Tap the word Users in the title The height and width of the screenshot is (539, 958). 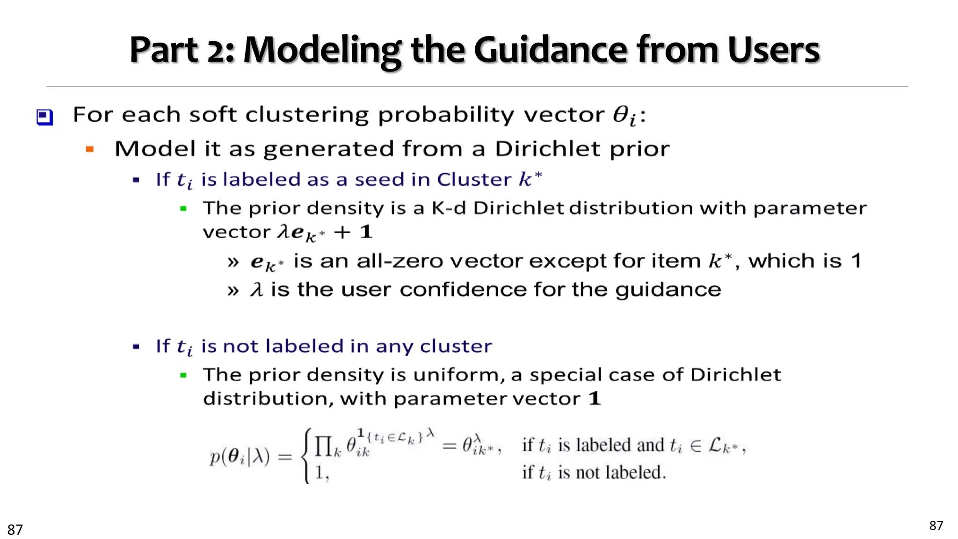pos(773,51)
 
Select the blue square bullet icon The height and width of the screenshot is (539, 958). pos(45,117)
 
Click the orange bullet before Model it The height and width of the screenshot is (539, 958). pos(90,150)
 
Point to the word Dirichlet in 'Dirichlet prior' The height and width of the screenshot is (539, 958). pos(541,149)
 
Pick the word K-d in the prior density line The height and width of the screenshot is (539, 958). pos(449,208)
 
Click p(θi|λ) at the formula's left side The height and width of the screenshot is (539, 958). pos(239,456)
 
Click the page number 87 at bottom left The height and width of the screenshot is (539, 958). pos(15,530)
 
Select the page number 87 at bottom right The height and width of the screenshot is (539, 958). pos(936,526)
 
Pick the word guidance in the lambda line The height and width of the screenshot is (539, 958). pos(668,290)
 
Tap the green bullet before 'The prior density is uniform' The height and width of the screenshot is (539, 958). pos(183,375)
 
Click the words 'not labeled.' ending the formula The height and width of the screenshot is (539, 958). pos(621,473)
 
